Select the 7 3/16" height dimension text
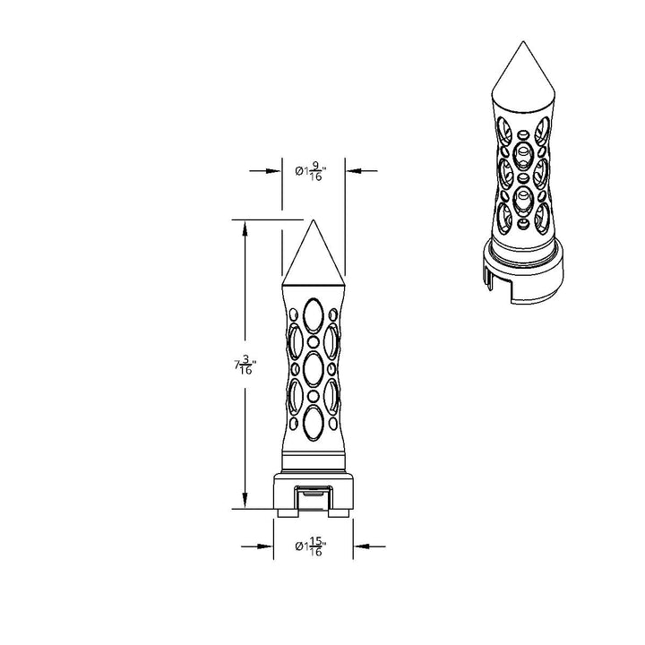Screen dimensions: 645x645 (245, 365)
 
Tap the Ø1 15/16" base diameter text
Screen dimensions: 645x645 (311, 546)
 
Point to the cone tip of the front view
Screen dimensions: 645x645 (313, 220)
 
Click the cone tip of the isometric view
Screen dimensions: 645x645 (523, 41)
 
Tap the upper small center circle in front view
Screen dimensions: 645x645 (314, 342)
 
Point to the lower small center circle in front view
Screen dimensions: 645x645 (314, 396)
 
